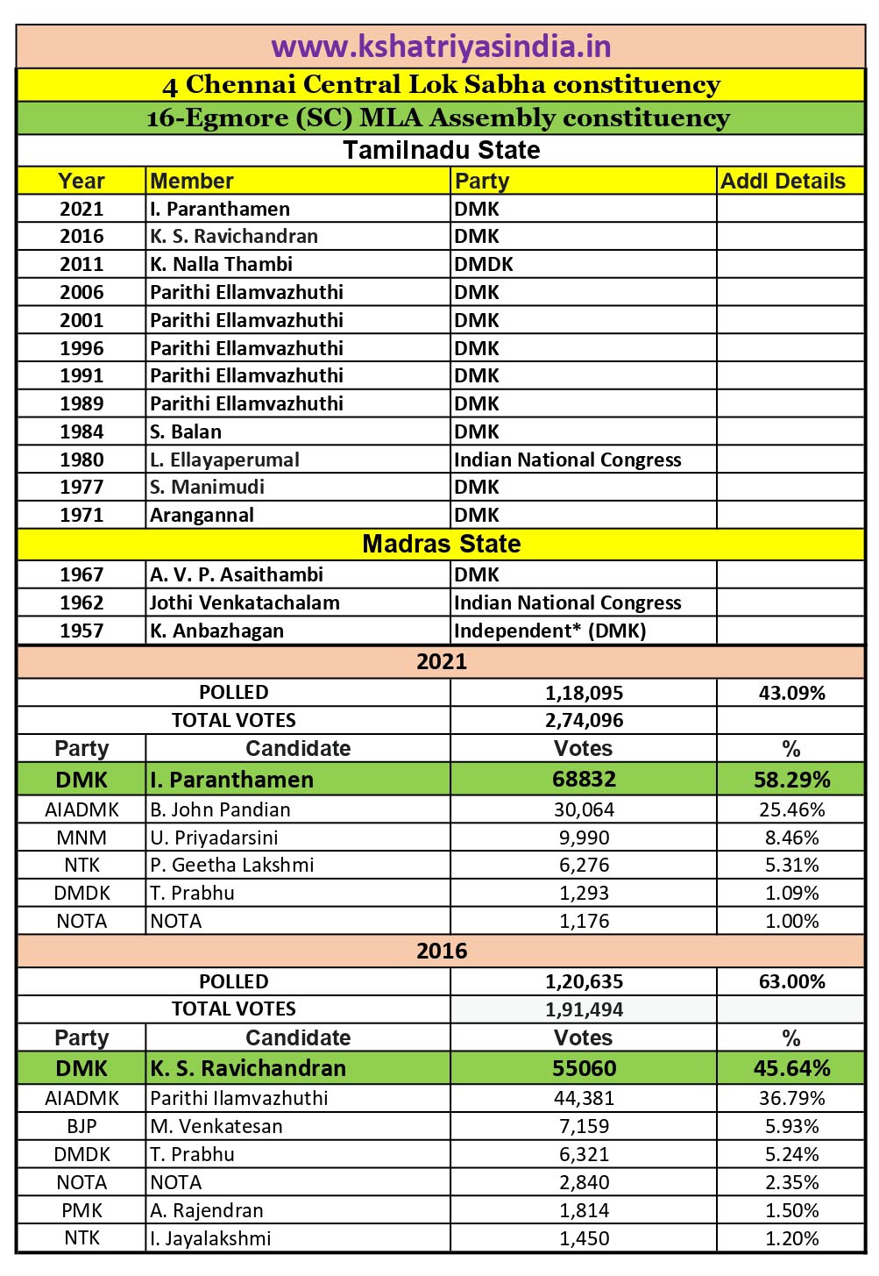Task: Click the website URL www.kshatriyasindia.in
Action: point(441,46)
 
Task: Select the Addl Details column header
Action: point(783,181)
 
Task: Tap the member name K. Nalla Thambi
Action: point(221,264)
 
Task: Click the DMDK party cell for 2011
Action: point(483,264)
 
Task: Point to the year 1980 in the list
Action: point(82,460)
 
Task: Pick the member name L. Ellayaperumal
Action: point(224,460)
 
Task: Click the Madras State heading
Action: point(441,544)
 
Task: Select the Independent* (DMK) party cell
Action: point(549,631)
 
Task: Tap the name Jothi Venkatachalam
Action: point(245,602)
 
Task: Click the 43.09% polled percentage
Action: point(791,693)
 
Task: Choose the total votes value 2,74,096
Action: point(584,720)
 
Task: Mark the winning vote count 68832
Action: point(584,780)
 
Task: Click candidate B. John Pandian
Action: point(220,809)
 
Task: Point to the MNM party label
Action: point(82,838)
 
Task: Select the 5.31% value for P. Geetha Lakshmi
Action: point(791,865)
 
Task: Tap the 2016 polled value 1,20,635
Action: point(584,981)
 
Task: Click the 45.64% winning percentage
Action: point(791,1068)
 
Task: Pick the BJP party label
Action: point(82,1126)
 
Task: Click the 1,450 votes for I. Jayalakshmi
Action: point(584,1238)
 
